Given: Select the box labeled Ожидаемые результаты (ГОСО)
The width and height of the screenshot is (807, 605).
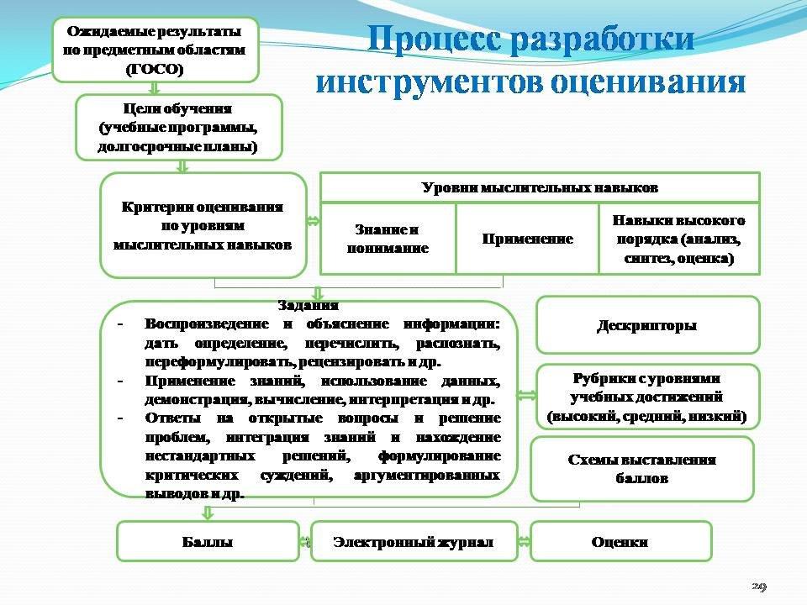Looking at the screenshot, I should [155, 51].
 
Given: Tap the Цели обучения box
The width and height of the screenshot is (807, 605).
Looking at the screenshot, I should [178, 127].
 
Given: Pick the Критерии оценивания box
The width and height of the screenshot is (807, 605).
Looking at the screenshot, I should [203, 225].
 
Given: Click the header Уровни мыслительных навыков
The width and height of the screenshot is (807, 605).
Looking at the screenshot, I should [540, 187].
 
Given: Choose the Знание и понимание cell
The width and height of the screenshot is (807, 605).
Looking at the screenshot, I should [388, 239].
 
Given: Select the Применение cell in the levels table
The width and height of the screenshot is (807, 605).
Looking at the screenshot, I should [527, 239].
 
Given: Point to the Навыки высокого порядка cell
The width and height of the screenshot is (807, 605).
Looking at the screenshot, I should [678, 239].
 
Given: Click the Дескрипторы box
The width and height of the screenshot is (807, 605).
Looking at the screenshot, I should [647, 325].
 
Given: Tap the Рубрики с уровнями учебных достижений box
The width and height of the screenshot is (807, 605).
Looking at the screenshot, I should [647, 397].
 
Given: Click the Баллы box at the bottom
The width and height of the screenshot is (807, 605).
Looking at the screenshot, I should [208, 542].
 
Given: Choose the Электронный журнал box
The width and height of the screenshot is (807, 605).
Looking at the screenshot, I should [414, 542].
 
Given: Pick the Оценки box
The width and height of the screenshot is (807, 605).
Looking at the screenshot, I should [620, 542].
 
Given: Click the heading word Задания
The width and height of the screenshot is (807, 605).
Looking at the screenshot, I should [309, 306].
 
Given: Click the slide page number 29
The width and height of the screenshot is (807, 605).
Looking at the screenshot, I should [760, 586].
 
